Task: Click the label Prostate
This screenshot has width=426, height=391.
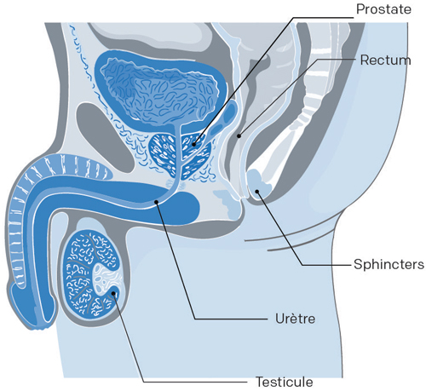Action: click(x=383, y=9)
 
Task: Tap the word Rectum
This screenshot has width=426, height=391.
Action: click(x=385, y=60)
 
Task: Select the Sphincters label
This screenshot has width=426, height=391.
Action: click(x=389, y=264)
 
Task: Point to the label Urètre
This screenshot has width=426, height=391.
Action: click(x=295, y=319)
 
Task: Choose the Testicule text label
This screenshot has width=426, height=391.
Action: click(x=285, y=382)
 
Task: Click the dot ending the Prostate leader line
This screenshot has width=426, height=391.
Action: click(x=194, y=144)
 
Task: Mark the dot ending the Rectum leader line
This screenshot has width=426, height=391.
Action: click(x=239, y=136)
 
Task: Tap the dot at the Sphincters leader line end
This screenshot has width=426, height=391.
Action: click(x=257, y=191)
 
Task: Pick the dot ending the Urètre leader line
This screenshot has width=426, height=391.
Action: click(x=156, y=202)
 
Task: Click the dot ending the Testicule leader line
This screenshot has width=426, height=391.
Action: click(x=114, y=294)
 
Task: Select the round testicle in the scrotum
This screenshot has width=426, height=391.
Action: click(x=92, y=274)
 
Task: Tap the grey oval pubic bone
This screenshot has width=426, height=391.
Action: click(x=105, y=136)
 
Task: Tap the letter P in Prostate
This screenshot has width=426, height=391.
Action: click(x=360, y=9)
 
